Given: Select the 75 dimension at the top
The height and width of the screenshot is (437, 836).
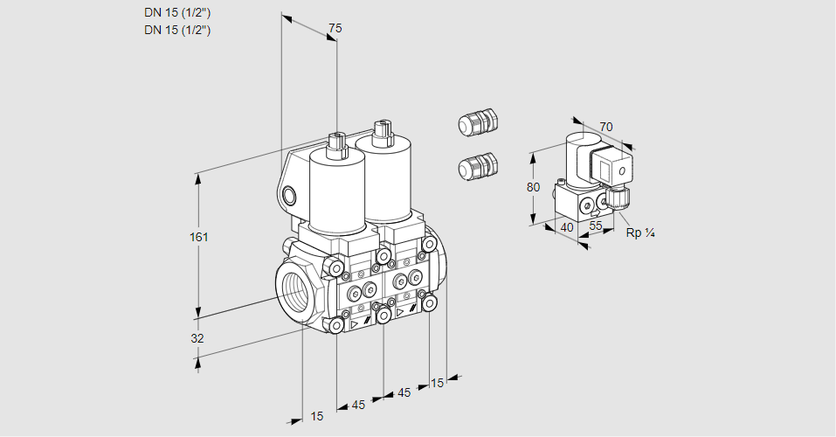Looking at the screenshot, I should coord(335,29).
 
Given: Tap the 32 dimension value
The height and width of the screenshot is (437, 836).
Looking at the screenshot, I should coord(197,338).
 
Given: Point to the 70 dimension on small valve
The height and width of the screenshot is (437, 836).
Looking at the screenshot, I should coord(606,127).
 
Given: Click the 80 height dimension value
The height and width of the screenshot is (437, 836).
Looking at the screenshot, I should coord(534,187).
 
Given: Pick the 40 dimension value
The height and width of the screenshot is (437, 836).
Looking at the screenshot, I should coord(567,227).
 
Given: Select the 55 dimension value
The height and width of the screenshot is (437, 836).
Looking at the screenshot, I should coord(596,225).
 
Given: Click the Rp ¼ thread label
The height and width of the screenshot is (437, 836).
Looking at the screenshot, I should coord(640,232).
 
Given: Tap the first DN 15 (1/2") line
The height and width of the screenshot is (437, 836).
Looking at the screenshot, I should coord(177,13).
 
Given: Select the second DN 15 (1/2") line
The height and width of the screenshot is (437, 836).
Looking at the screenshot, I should coord(177,30).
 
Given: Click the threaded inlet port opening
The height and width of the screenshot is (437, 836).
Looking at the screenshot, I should coord(292,289).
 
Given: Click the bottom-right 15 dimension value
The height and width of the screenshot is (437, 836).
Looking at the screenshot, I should coord(438,382).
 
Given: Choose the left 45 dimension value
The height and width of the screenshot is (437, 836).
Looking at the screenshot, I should coord(358,405).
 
